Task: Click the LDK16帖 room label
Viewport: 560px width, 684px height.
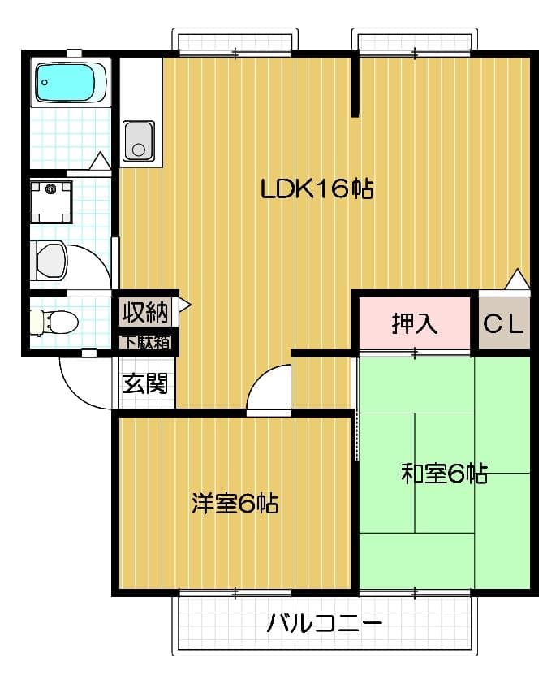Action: (316, 190)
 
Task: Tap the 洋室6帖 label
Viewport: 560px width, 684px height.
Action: (235, 504)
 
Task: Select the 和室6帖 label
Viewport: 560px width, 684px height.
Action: (444, 474)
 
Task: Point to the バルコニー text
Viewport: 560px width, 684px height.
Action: (324, 625)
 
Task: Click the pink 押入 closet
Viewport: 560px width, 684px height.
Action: (415, 323)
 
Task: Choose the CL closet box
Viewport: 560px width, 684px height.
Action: (504, 324)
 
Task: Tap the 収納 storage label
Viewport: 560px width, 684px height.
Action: (145, 311)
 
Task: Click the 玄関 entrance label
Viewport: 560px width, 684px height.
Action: (144, 383)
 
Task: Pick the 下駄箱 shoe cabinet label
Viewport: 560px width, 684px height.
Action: (147, 342)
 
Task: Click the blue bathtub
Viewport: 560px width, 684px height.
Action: (71, 82)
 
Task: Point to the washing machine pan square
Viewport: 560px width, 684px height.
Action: (51, 201)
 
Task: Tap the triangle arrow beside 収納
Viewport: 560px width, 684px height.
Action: (184, 305)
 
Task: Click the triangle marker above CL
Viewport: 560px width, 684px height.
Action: (517, 280)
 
